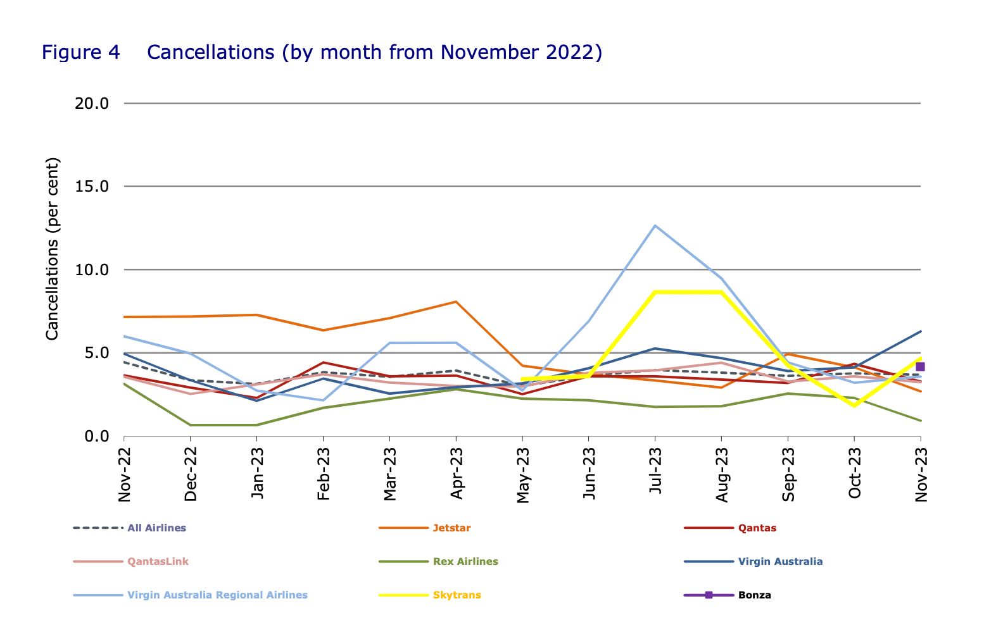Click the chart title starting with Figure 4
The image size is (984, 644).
tap(322, 52)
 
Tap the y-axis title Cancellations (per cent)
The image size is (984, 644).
tap(52, 249)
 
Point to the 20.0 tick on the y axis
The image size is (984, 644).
tap(92, 103)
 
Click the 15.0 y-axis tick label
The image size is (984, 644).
tap(92, 187)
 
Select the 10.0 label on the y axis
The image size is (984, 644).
tap(92, 270)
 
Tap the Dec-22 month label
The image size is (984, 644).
tap(191, 474)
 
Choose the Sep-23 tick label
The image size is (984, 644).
tap(788, 474)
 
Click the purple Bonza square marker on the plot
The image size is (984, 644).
tap(920, 367)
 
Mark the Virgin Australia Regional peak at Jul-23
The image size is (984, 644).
tap(655, 225)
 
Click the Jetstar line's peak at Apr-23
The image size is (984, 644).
tap(456, 302)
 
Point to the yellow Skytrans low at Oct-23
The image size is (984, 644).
tap(854, 405)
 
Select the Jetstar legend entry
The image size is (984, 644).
tap(451, 528)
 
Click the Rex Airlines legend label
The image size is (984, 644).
tap(465, 562)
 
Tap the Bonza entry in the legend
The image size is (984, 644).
tap(754, 595)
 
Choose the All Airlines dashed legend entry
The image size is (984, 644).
tap(156, 528)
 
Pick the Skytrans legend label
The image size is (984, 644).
tap(457, 595)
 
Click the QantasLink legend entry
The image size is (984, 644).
tap(158, 562)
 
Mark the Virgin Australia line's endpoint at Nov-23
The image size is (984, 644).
tap(920, 331)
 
